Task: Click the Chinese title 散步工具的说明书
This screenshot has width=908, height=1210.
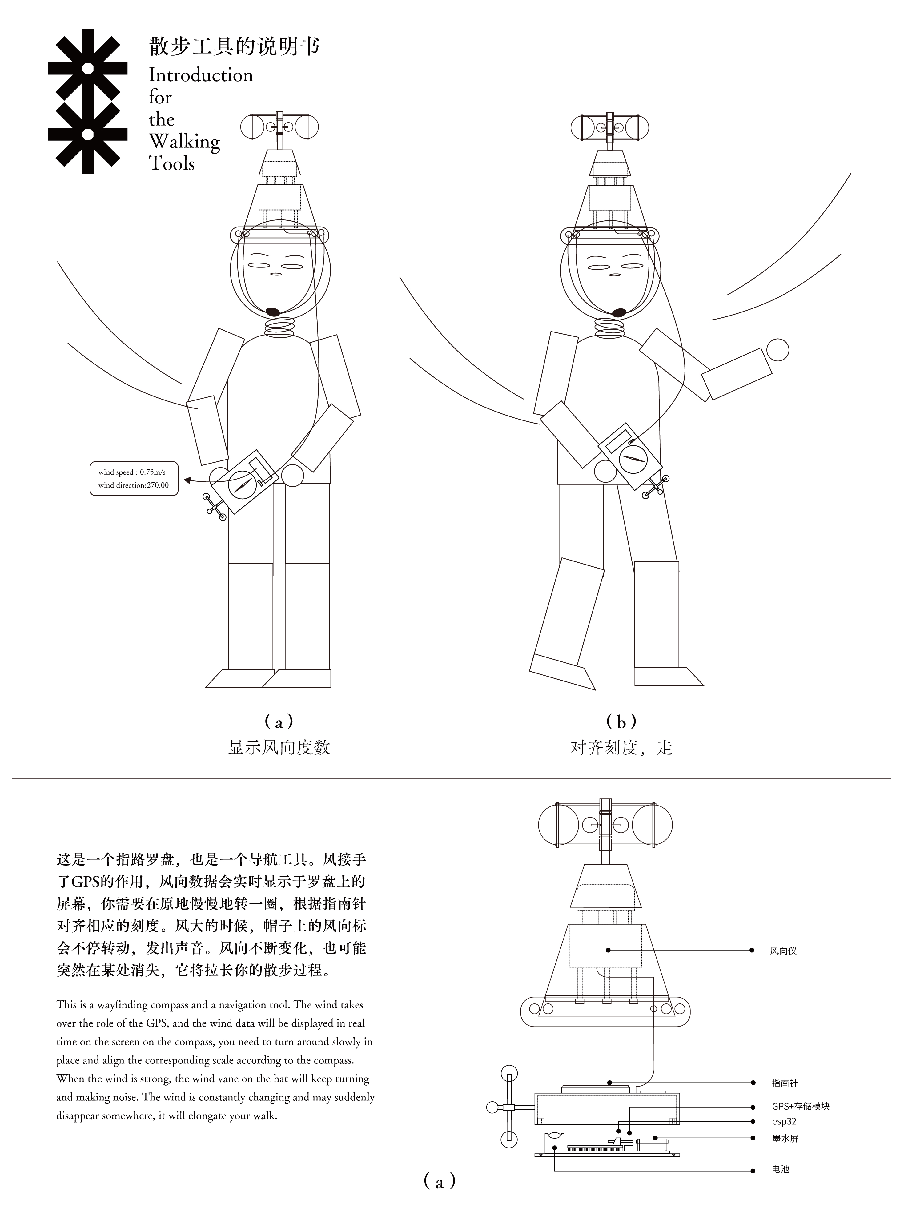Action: (x=234, y=47)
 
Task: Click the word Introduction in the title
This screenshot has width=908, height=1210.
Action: (x=201, y=75)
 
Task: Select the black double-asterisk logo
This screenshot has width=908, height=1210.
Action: (x=87, y=102)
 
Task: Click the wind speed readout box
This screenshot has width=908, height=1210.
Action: (x=134, y=479)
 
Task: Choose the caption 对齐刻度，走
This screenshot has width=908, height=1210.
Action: (x=621, y=747)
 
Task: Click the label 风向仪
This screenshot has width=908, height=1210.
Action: (x=783, y=951)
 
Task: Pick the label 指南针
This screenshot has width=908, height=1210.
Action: (x=784, y=1083)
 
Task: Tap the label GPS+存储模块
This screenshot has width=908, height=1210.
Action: (x=800, y=1106)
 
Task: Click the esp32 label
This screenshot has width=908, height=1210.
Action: (x=784, y=1121)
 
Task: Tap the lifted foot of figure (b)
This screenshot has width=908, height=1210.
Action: (x=562, y=671)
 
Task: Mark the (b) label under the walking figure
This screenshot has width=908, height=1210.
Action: (x=621, y=722)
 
